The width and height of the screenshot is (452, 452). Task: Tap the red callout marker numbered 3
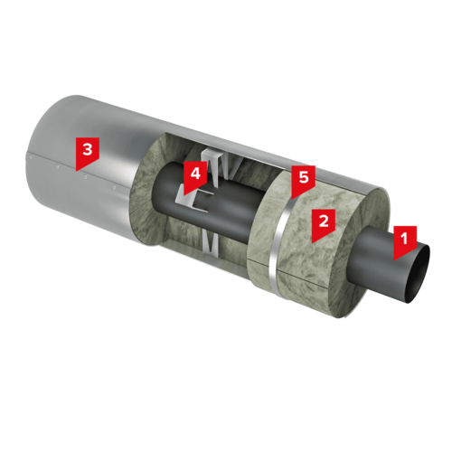click(88, 151)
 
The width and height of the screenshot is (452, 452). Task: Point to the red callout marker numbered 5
click(304, 179)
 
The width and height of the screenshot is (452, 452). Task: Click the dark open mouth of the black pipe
click(419, 274)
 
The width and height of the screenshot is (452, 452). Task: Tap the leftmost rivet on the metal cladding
click(30, 156)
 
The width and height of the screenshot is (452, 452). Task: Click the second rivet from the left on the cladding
click(58, 166)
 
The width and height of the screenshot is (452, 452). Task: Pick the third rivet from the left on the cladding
click(86, 177)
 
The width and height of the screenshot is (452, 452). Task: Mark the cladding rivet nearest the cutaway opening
click(114, 187)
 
